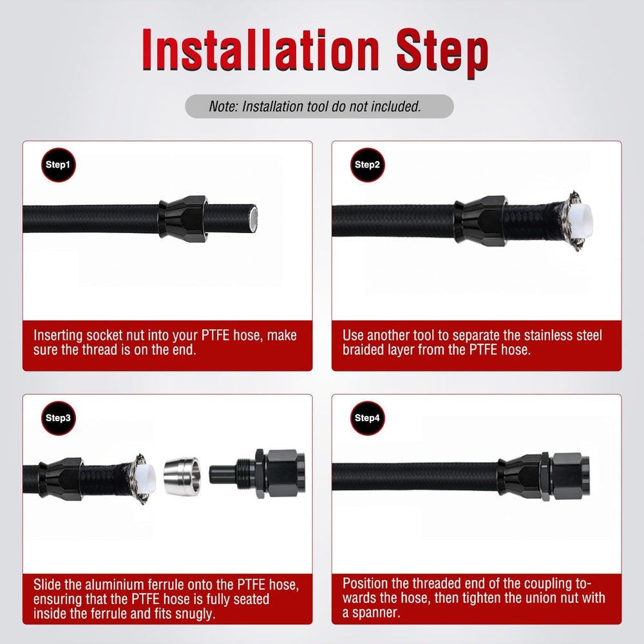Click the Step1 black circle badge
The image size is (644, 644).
point(59,165)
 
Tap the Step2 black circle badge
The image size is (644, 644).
point(368,165)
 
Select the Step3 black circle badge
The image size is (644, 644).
point(59,418)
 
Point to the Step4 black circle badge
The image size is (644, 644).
point(368,418)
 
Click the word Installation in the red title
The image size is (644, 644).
point(260,50)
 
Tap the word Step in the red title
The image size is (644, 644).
point(442,53)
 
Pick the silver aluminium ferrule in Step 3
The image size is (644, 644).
point(182,476)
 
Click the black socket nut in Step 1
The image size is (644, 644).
point(183,219)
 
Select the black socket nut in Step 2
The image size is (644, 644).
point(480,220)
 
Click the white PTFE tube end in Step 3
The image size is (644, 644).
point(147,478)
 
